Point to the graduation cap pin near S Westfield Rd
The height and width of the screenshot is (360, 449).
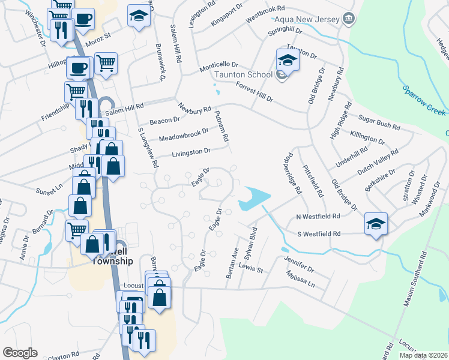pos(376,224)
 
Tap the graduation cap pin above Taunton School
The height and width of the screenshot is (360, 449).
pos(288,61)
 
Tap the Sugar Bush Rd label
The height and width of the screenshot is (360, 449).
pos(379,124)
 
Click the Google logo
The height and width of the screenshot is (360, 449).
pos(20,353)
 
